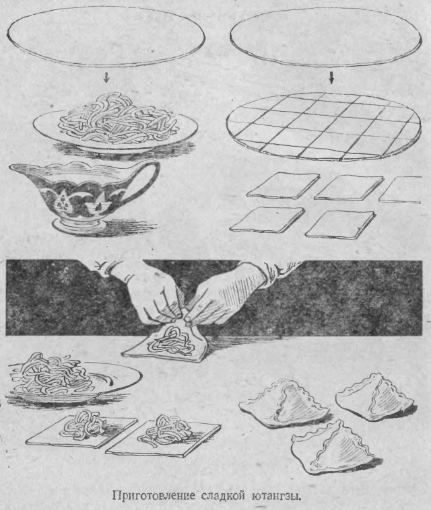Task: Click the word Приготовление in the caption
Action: (x=154, y=497)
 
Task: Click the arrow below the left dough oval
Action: (x=106, y=77)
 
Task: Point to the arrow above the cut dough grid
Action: (x=331, y=78)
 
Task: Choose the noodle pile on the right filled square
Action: (x=166, y=431)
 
